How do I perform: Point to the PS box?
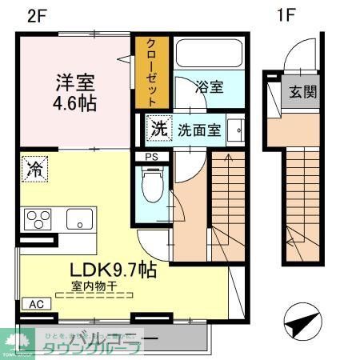(152, 157)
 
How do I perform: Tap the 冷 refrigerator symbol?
(34, 168)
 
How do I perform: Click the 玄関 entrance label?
(302, 92)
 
